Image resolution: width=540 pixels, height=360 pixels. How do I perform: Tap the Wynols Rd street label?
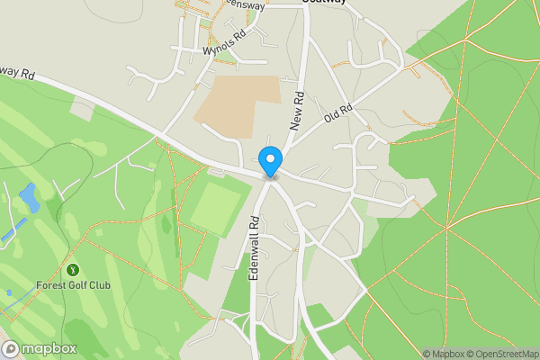click(225, 44)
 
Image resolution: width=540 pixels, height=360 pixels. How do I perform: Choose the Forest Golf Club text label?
click(71, 286)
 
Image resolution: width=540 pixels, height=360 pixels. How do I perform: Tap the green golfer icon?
click(73, 269)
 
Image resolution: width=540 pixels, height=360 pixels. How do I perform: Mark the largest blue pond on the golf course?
click(29, 197)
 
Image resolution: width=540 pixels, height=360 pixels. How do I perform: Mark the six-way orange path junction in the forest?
click(445, 229)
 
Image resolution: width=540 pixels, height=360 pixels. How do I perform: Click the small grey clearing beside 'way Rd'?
click(82, 111)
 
